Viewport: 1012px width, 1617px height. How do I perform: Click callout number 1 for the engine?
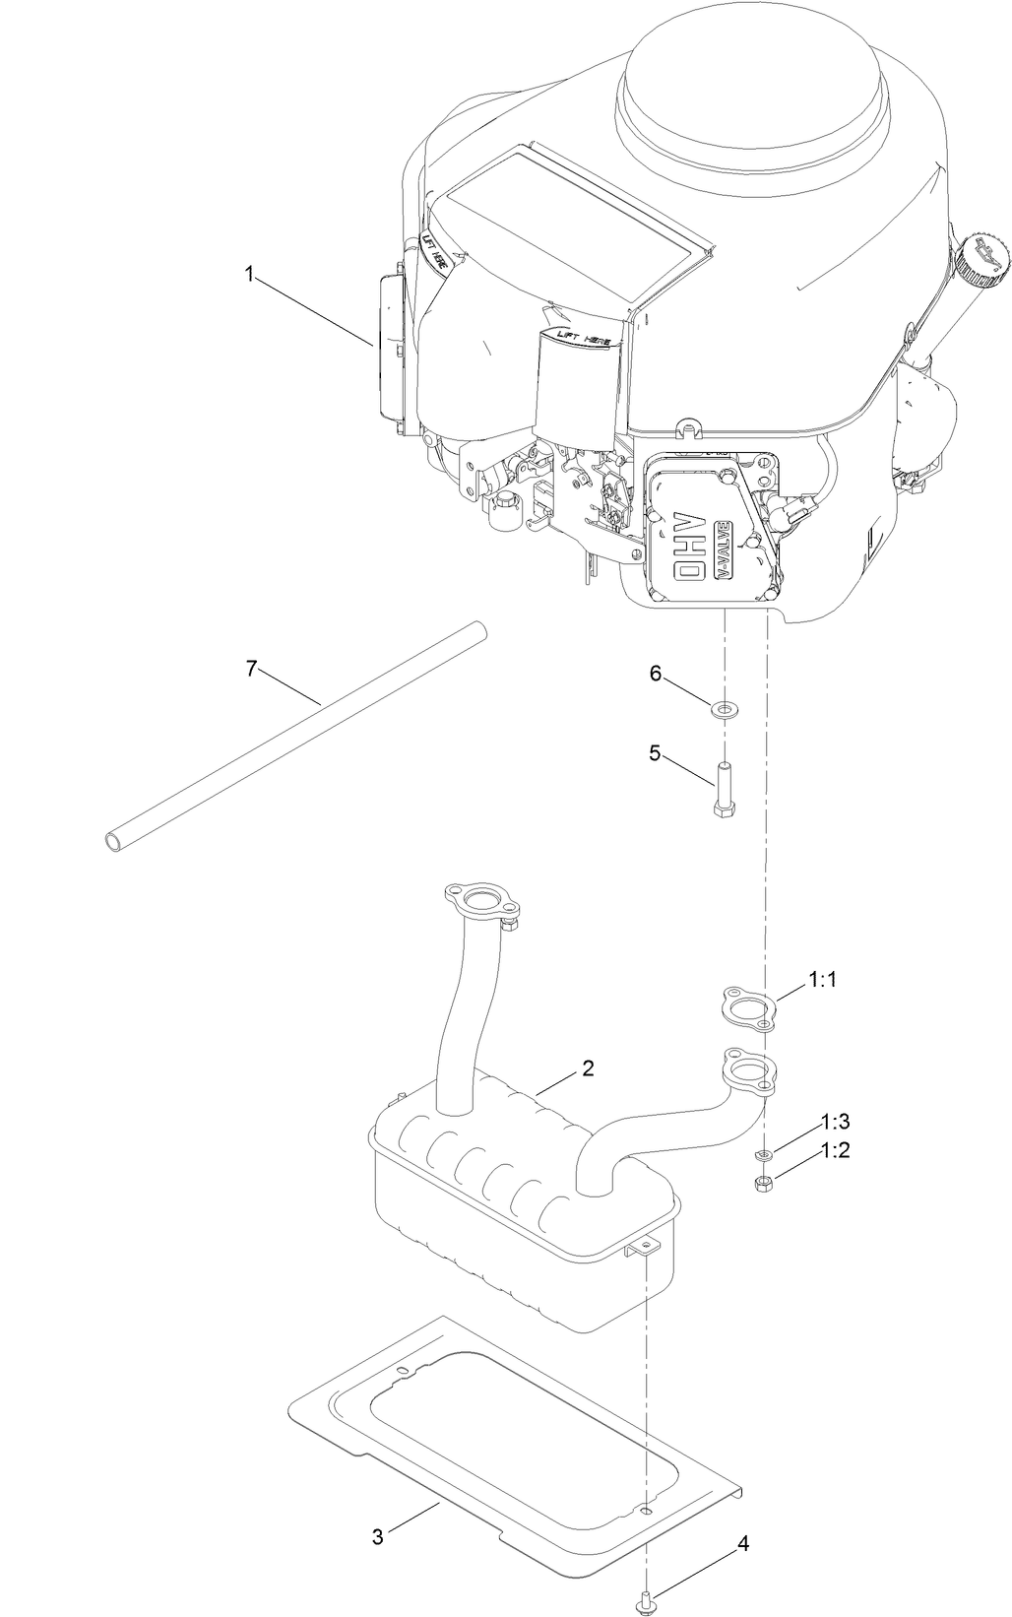click(250, 277)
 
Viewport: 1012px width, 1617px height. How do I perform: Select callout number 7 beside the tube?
click(250, 669)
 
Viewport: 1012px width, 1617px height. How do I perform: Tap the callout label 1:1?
click(822, 980)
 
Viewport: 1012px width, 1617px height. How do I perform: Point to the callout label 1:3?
click(836, 1122)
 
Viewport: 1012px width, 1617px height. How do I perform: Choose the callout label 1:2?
click(836, 1149)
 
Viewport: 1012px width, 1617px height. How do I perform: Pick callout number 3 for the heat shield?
click(378, 1536)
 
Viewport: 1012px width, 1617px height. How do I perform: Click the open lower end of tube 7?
click(116, 841)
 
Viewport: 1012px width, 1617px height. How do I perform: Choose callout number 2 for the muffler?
click(588, 1067)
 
